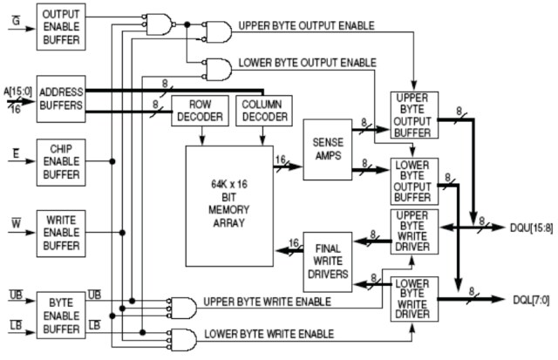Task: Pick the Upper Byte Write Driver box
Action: [x=415, y=231]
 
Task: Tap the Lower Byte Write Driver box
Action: [x=415, y=299]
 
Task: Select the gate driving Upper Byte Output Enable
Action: [x=216, y=33]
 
